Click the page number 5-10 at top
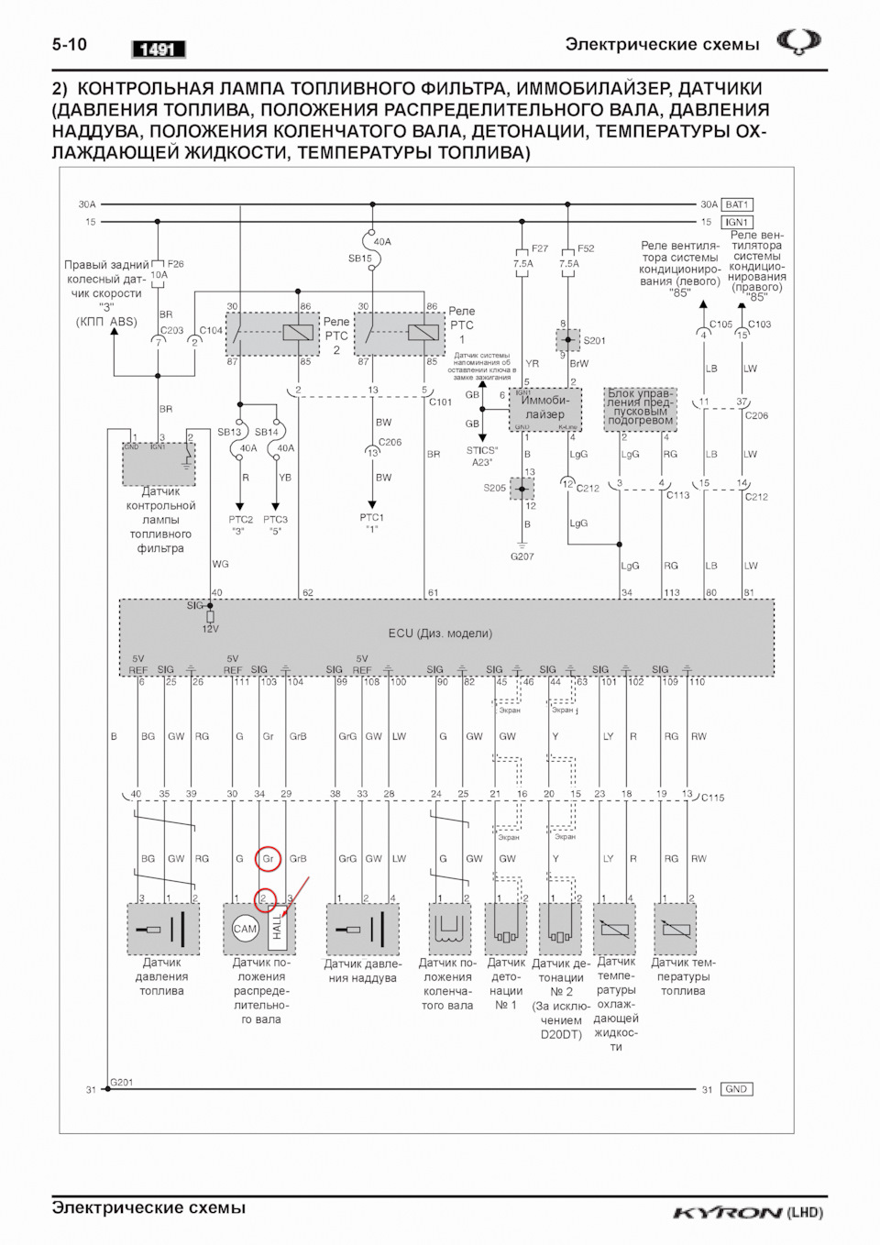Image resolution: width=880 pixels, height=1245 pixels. (x=69, y=44)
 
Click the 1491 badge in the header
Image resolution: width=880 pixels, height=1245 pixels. (x=158, y=50)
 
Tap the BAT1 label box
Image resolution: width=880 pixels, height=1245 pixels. (x=737, y=204)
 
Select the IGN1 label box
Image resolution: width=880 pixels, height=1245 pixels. (x=737, y=222)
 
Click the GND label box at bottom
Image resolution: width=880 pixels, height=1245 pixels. (x=736, y=1089)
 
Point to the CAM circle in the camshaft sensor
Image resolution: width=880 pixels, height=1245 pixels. (x=245, y=929)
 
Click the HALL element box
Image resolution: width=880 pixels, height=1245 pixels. (x=277, y=928)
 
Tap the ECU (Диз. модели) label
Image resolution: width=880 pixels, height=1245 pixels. (x=440, y=634)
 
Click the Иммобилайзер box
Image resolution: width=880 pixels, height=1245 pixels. (x=545, y=407)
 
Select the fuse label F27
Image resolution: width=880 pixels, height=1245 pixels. (x=540, y=248)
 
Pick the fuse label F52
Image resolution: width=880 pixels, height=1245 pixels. (x=586, y=248)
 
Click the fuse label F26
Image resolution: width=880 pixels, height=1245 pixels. (x=175, y=264)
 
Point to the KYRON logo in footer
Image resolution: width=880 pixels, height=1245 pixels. (x=728, y=1213)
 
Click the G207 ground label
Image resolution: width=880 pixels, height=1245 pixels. (x=522, y=556)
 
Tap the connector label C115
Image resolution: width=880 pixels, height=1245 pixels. (x=712, y=798)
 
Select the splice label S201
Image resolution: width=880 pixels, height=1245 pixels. (x=594, y=340)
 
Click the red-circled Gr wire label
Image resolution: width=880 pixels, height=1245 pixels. (x=268, y=859)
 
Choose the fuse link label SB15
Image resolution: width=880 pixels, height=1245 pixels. (x=359, y=259)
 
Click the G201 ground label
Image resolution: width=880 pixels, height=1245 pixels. (x=122, y=1083)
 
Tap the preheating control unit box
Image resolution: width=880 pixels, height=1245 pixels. (x=640, y=408)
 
